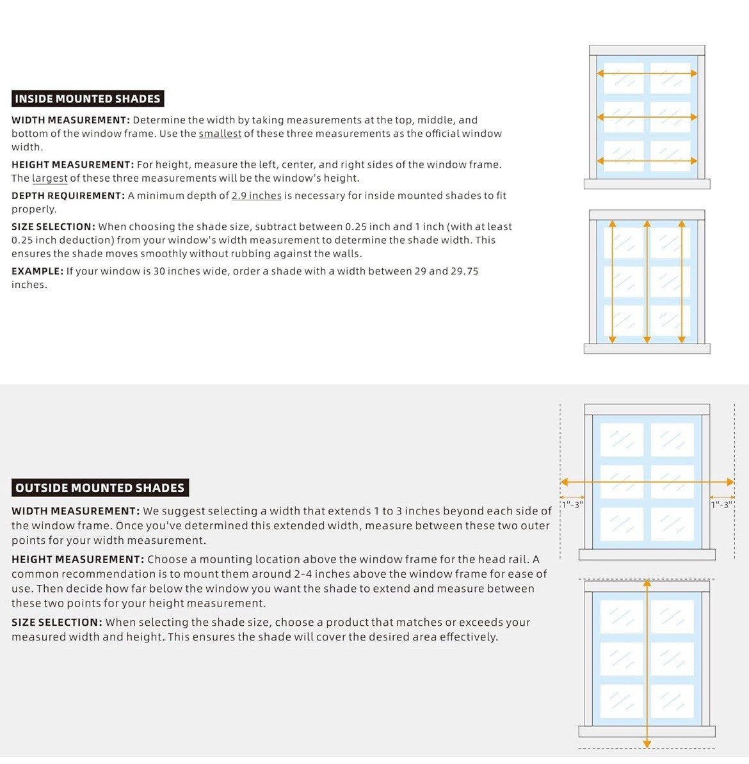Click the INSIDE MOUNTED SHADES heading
[x=88, y=99]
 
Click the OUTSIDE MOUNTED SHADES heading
[x=100, y=488]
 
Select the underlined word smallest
[x=220, y=134]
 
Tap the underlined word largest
[x=50, y=179]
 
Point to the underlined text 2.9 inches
[x=257, y=195]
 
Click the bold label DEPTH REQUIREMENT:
[x=68, y=195]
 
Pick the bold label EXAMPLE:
[x=38, y=271]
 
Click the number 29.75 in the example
[x=465, y=271]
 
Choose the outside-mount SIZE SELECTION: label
[x=57, y=622]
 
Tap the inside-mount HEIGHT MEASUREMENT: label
[x=72, y=164]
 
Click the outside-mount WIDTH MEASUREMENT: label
[x=76, y=511]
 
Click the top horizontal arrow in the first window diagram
[x=647, y=74]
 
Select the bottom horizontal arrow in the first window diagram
[x=647, y=161]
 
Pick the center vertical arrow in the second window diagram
[x=647, y=282]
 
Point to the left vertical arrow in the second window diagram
[x=613, y=282]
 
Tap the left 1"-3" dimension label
[x=572, y=505]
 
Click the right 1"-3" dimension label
[x=722, y=505]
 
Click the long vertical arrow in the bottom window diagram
[x=647, y=663]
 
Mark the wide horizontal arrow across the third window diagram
[x=647, y=482]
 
